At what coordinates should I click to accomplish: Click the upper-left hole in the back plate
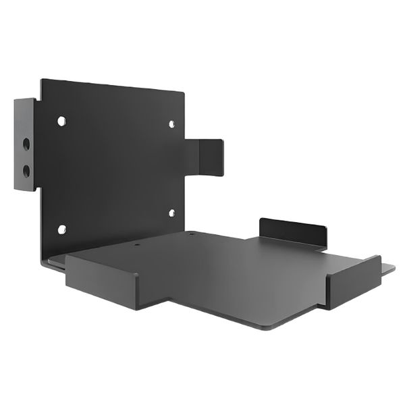point(61,121)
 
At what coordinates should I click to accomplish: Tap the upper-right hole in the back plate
point(171,124)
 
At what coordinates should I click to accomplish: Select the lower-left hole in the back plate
point(61,230)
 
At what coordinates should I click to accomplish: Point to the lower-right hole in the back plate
point(171,213)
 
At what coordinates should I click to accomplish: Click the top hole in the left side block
point(26,144)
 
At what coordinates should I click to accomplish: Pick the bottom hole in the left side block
point(26,169)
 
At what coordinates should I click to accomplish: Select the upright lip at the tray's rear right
point(292,232)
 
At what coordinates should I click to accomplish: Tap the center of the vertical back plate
point(111,165)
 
